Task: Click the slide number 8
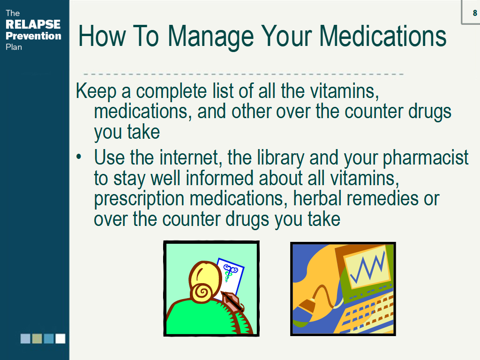click(x=475, y=13)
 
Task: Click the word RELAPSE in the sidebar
click(x=33, y=24)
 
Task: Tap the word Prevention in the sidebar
click(x=33, y=36)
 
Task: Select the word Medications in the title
click(x=382, y=36)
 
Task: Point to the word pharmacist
click(x=426, y=158)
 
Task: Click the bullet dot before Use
click(x=79, y=157)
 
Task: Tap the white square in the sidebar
click(x=60, y=338)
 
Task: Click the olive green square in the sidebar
click(x=37, y=338)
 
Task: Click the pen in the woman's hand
click(x=232, y=302)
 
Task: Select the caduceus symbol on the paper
click(x=230, y=272)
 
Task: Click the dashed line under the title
click(x=243, y=74)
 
